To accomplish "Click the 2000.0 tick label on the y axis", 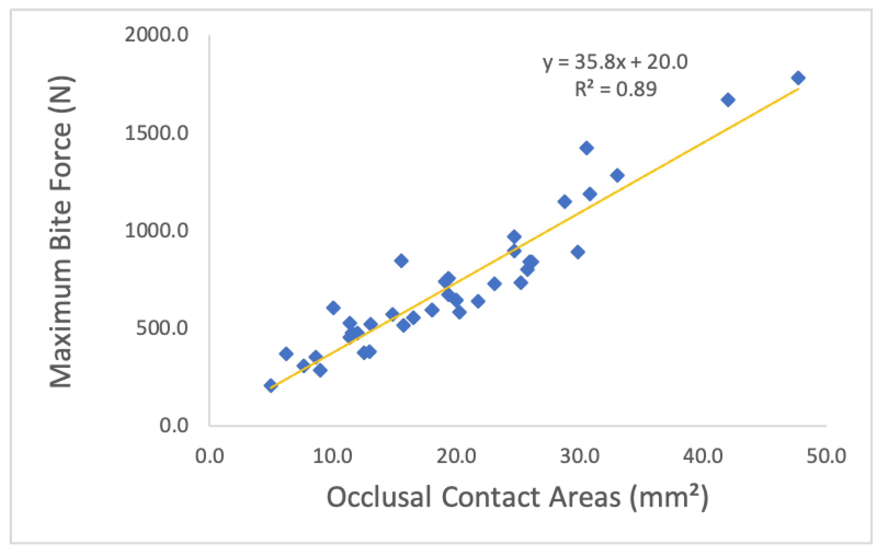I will (156, 35).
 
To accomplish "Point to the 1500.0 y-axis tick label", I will (156, 133).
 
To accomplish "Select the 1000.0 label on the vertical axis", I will (156, 230).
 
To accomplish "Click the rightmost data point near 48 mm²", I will (798, 78).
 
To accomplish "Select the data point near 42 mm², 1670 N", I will (728, 100).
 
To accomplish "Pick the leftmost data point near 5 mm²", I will (271, 386).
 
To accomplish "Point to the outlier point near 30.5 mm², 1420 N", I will (587, 148).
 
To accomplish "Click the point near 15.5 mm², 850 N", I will (401, 261).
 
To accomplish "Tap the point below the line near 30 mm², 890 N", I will (578, 252).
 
